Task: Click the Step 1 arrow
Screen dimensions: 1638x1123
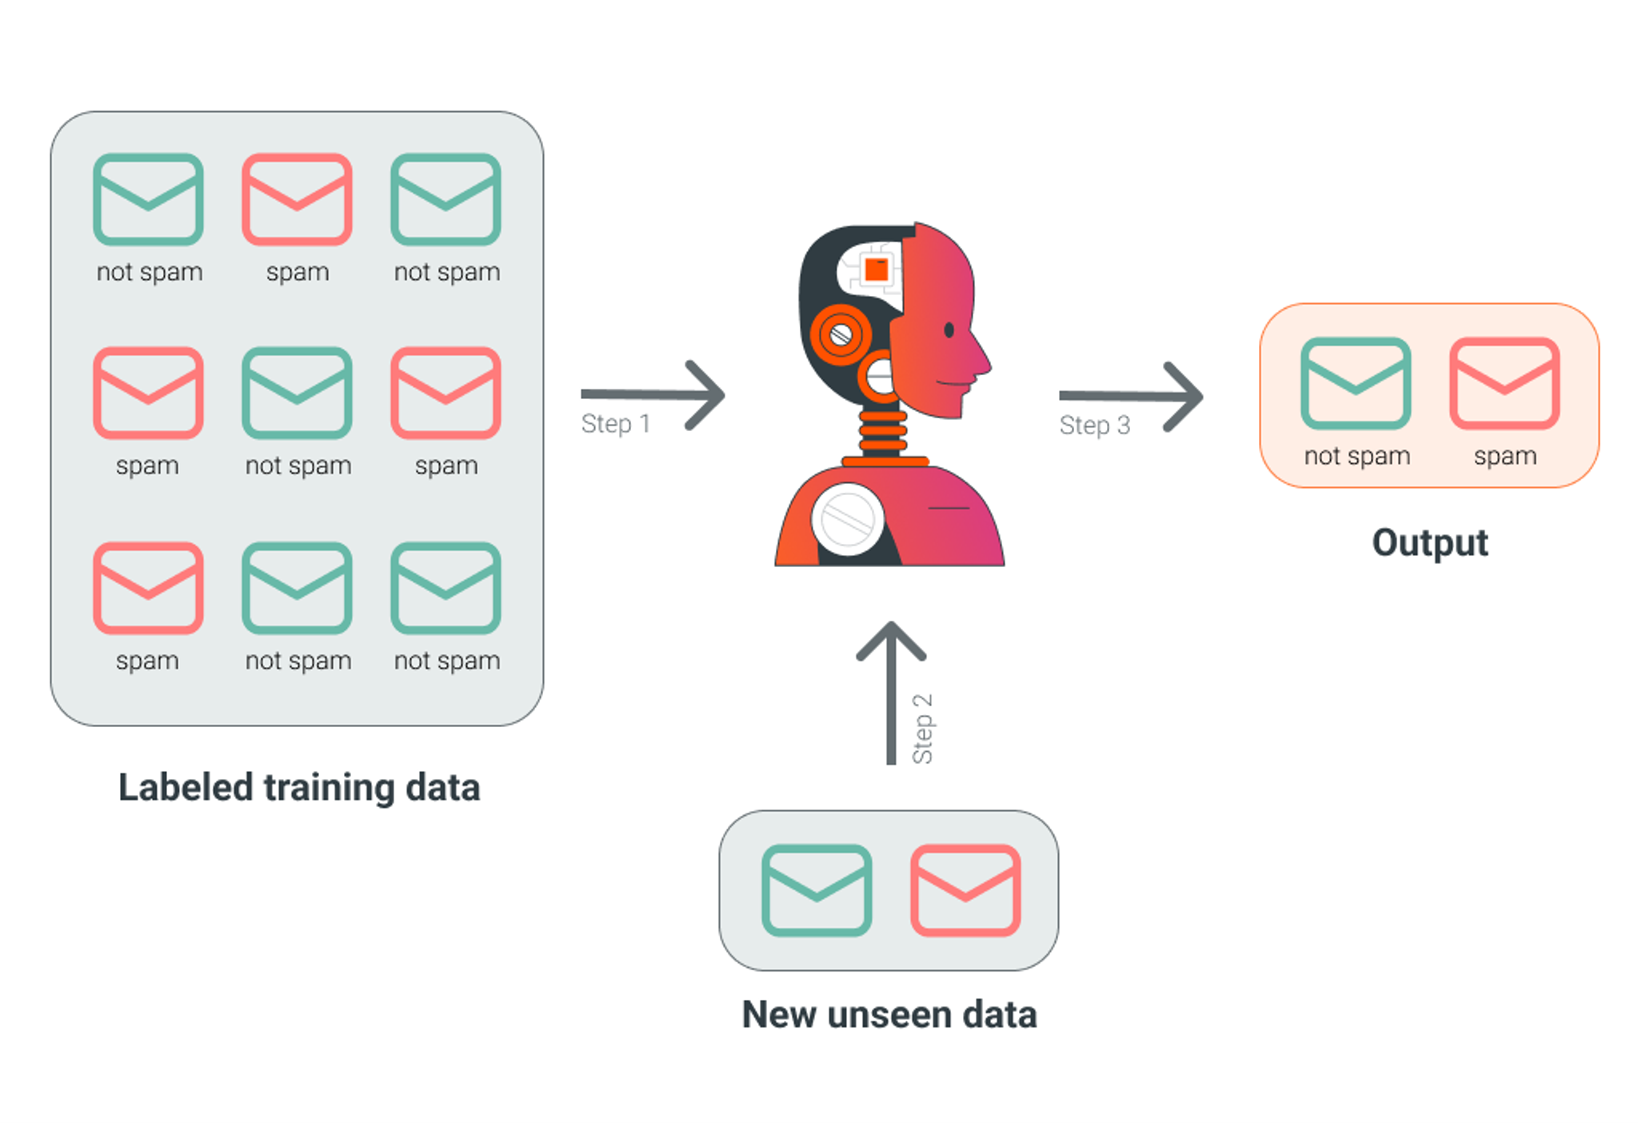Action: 653,394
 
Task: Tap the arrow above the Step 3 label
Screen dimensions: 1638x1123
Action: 1130,396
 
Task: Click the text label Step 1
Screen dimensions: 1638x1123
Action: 615,424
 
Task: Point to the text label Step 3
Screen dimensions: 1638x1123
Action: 1094,426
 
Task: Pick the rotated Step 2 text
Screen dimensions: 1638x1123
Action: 923,729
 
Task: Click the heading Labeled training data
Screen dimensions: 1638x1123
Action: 299,788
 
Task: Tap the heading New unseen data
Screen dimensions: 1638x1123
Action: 889,1015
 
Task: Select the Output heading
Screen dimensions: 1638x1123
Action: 1430,543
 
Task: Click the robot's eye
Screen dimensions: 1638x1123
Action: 949,330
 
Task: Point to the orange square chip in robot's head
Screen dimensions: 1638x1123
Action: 877,269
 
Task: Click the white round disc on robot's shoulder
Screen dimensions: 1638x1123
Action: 848,519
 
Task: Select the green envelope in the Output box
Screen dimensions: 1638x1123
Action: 1356,384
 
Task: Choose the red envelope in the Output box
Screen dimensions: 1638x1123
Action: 1504,384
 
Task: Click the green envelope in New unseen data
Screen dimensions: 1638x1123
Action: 817,890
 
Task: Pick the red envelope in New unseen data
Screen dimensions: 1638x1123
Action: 965,890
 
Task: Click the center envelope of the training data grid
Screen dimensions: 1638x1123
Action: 297,393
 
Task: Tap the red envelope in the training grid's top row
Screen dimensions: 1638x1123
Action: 297,199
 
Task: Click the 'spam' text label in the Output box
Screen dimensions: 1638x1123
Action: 1505,456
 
